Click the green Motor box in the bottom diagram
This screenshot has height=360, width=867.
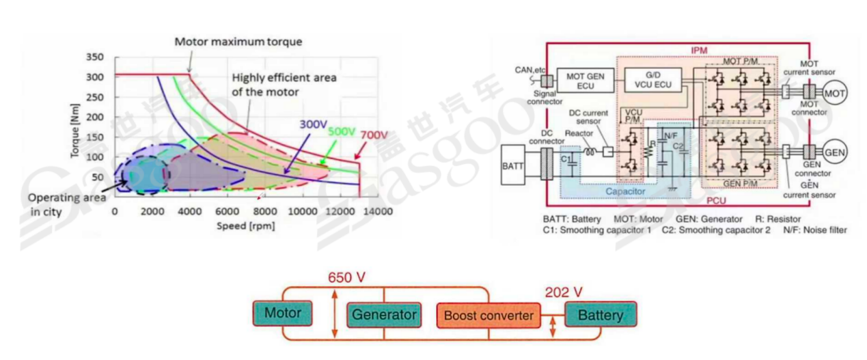click(283, 314)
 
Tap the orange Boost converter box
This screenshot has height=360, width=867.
click(488, 316)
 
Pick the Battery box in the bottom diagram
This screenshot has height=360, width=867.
click(601, 315)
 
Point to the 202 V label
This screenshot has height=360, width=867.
click(564, 292)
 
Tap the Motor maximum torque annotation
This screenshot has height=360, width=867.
click(238, 42)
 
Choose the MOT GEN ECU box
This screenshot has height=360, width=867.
click(585, 81)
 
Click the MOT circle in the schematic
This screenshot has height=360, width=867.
click(834, 92)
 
